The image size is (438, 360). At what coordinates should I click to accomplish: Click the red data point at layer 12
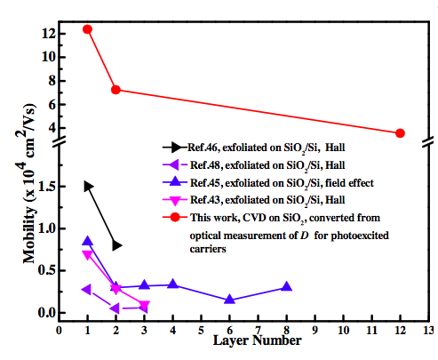point(400,133)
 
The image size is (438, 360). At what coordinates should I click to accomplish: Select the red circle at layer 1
point(87,29)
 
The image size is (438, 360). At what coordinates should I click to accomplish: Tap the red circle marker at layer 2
point(115,90)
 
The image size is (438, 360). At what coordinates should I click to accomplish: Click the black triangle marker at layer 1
point(88,186)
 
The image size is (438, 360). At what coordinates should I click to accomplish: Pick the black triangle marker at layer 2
point(116,244)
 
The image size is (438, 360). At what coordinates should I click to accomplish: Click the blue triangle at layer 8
point(286,286)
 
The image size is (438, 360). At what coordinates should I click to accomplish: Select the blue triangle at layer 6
point(229,300)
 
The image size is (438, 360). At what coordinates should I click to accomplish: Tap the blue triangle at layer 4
point(172,284)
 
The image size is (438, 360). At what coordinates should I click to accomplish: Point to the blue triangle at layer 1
point(87,241)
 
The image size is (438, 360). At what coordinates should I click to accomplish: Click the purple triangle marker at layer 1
point(86,289)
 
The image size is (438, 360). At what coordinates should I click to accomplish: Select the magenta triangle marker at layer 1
point(87,255)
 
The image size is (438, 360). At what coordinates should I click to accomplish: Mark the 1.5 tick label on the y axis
point(42,187)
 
